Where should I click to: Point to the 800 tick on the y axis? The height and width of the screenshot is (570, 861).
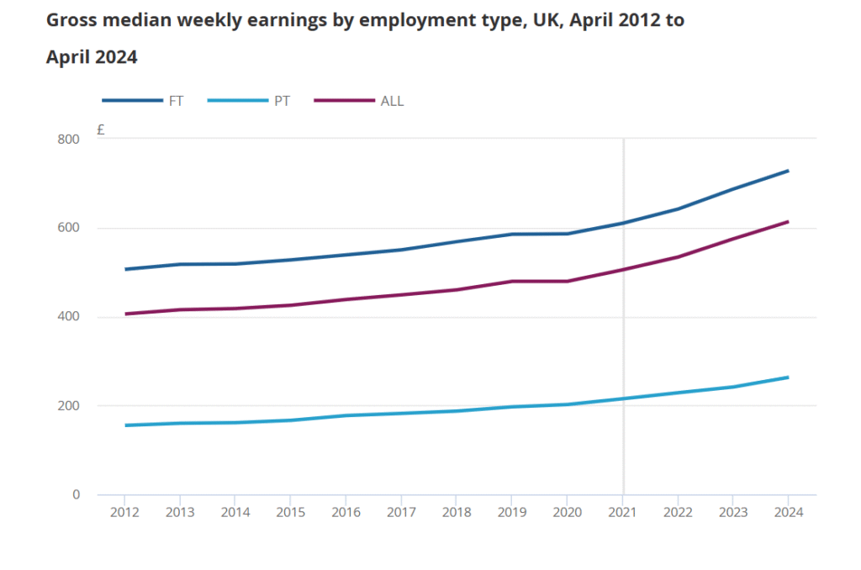point(69,140)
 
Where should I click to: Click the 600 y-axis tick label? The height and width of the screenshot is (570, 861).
point(69,228)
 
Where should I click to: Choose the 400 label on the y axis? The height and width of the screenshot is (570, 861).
point(69,317)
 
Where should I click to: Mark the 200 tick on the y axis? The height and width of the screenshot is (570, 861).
point(69,406)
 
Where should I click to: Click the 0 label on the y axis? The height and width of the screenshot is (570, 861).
point(76,495)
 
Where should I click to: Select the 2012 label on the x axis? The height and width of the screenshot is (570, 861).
point(124,512)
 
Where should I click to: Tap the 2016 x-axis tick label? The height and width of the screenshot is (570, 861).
point(346,512)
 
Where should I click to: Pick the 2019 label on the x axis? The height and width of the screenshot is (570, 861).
point(511,512)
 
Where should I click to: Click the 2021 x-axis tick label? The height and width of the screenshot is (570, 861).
point(622,512)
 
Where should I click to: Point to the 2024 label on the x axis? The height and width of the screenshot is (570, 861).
point(788,512)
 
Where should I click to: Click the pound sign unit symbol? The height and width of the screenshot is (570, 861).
point(101,129)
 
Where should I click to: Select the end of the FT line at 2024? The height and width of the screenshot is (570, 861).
point(788,171)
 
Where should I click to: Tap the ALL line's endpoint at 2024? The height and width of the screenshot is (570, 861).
point(788,222)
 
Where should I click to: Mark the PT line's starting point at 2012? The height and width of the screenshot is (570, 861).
point(125,425)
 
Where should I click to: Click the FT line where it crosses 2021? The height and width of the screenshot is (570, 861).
point(623,223)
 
